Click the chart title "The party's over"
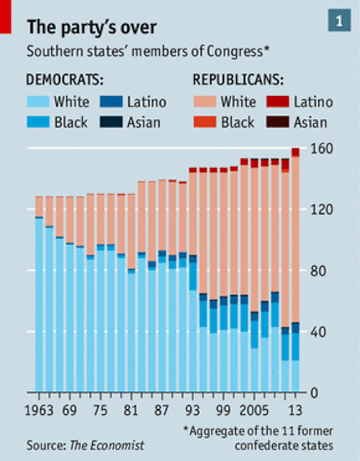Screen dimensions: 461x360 [x=92, y=26]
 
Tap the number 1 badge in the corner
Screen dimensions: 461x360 [x=339, y=21]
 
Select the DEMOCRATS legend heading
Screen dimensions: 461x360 [x=65, y=79]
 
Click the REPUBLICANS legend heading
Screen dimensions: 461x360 [x=238, y=79]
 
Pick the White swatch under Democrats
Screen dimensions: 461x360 [x=38, y=102]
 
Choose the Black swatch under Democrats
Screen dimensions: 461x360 [x=38, y=122]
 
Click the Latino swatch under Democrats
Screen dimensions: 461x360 [x=111, y=102]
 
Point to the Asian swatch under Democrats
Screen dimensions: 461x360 [x=111, y=122]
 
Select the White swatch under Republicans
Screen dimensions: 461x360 [x=204, y=102]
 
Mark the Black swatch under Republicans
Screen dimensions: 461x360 [x=204, y=122]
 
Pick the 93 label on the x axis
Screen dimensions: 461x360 [x=193, y=409]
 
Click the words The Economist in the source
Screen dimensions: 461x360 [x=107, y=445]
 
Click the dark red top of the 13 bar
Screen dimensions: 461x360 [x=295, y=153]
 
